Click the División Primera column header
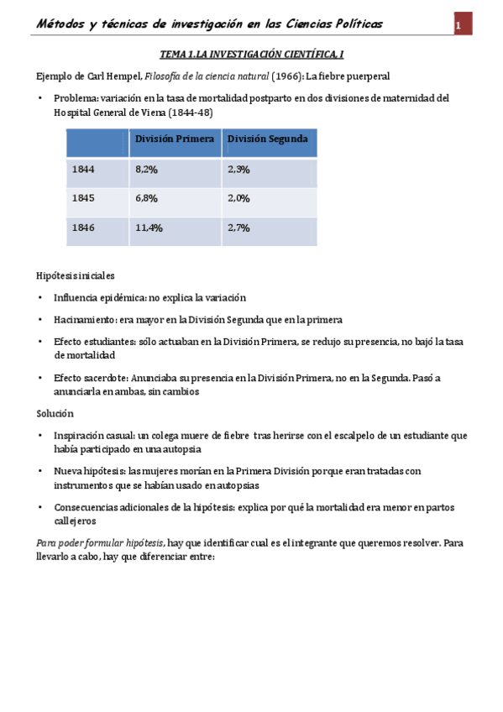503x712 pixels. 175,139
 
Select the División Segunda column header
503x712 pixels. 268,139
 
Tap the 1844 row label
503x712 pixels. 83,170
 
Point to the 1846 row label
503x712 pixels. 83,228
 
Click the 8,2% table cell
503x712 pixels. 146,170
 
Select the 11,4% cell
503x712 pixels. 149,228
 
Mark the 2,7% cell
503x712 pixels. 238,228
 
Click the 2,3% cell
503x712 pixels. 238,170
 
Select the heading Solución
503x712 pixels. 55,414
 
